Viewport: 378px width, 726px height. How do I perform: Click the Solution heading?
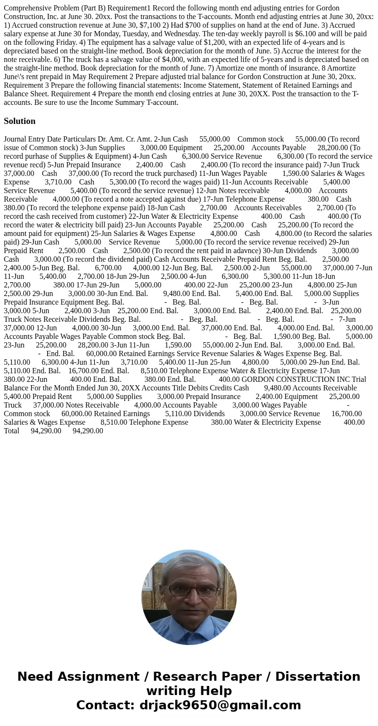[x=20, y=121]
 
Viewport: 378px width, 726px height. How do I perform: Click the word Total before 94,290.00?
[x=12, y=430]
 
